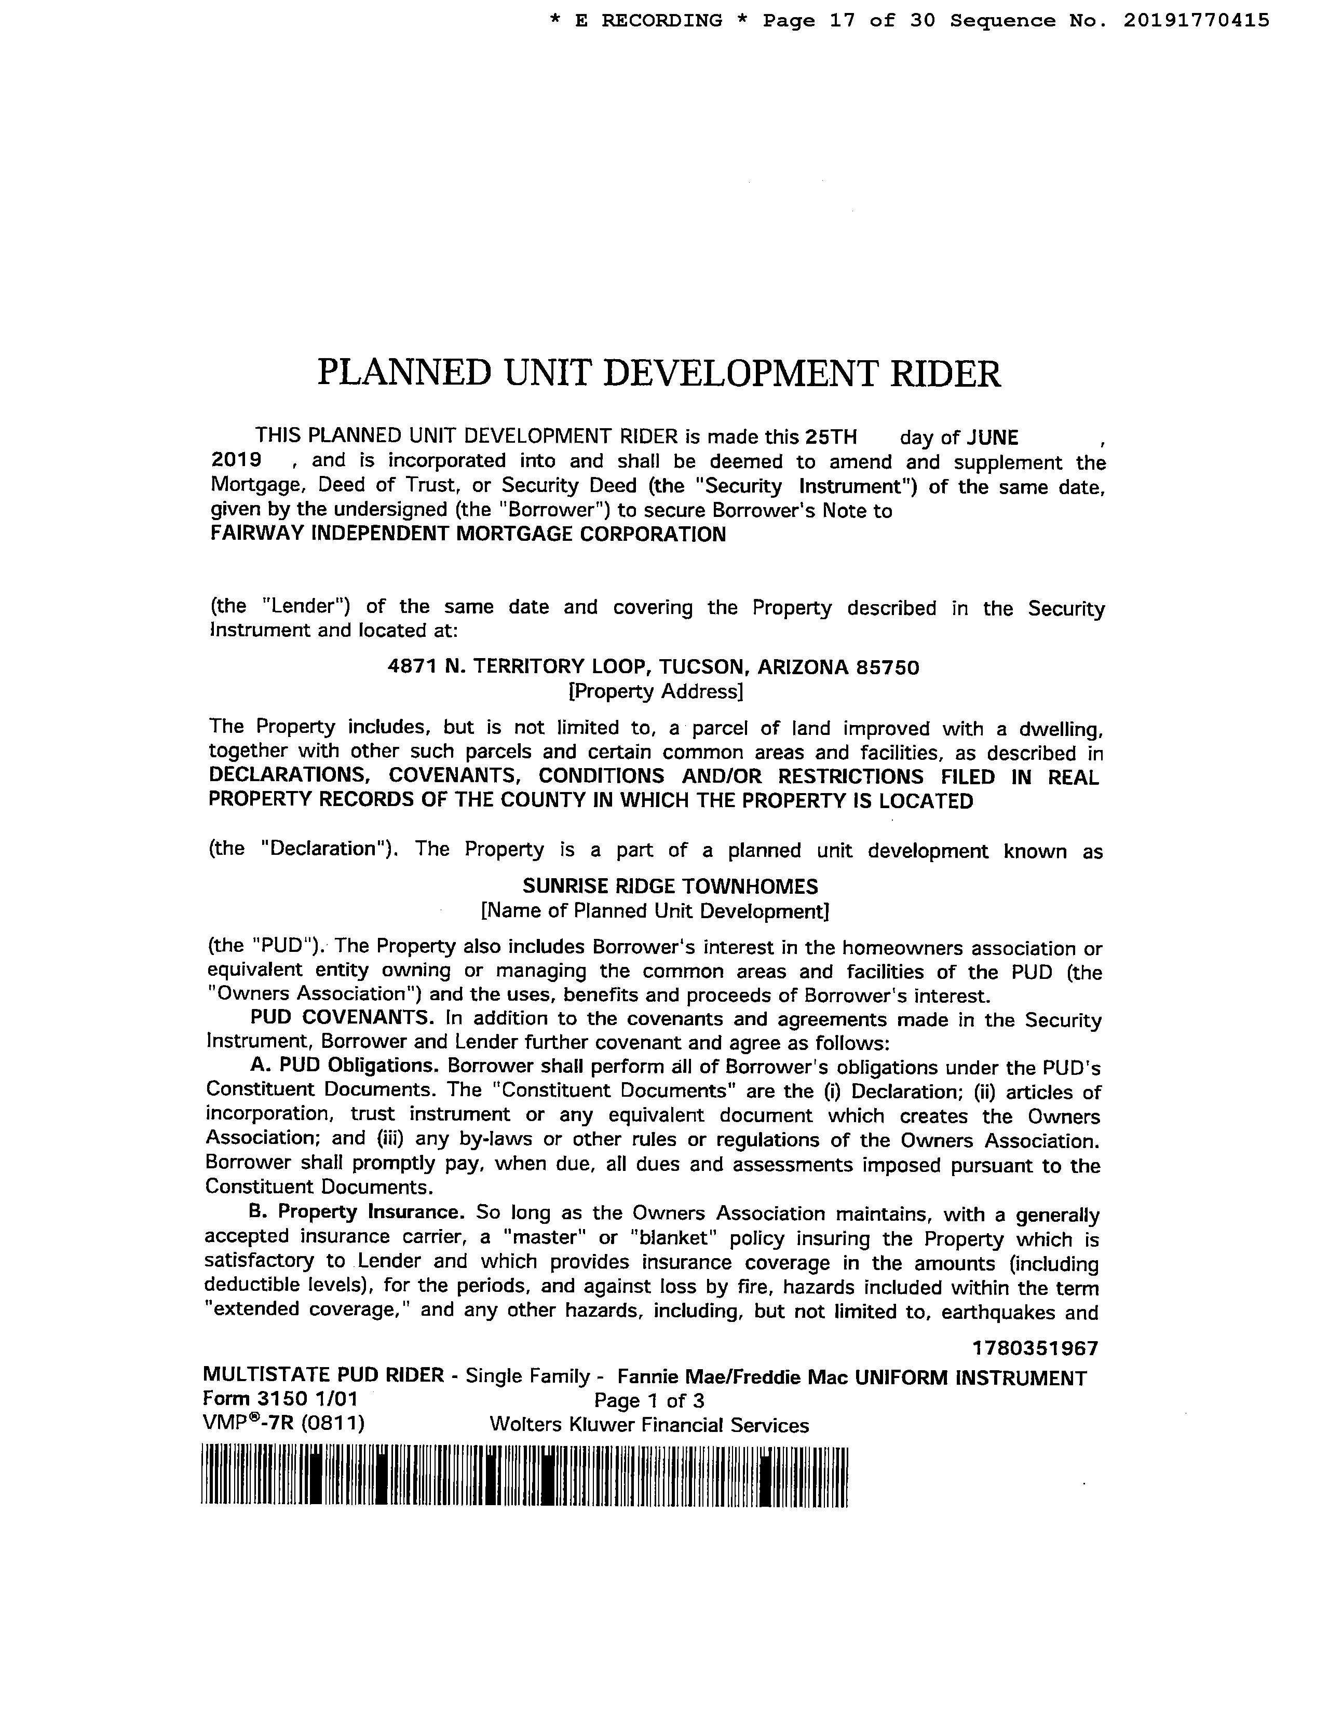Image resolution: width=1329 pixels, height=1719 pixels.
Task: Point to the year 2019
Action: pos(236,460)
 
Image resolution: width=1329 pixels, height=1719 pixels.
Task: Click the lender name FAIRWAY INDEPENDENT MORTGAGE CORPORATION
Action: pos(468,535)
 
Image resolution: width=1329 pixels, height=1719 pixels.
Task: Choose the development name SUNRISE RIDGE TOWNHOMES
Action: pos(670,886)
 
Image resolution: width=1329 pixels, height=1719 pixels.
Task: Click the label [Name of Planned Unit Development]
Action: pos(655,911)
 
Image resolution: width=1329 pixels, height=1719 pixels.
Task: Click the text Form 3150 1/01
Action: pos(280,1399)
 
